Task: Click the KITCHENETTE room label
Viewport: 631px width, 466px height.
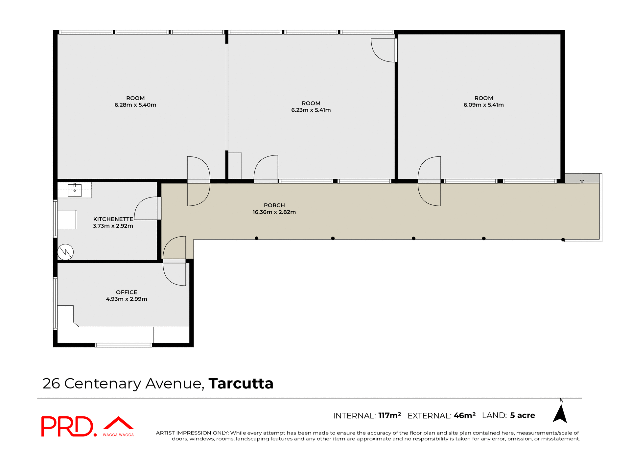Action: coord(113,219)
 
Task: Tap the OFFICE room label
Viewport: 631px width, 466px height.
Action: coord(127,292)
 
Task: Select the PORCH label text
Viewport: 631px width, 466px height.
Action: coord(274,205)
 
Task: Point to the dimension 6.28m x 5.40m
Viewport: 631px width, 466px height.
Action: coord(135,105)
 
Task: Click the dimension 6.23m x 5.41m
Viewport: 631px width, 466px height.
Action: coord(311,110)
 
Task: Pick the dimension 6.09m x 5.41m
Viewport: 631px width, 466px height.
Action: coord(483,105)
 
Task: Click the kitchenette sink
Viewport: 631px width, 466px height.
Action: coord(75,190)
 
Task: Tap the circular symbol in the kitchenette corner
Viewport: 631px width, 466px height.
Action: coord(65,252)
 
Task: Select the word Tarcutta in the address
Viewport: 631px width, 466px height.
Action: coord(241,384)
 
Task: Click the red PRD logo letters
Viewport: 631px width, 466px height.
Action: coord(67,426)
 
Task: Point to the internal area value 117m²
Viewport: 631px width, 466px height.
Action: coord(389,415)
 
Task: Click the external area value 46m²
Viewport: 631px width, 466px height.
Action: coord(464,415)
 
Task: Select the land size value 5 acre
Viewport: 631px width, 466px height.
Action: coord(523,415)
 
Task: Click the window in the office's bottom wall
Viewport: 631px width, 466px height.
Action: coord(123,345)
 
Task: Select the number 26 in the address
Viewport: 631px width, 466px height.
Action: coord(51,384)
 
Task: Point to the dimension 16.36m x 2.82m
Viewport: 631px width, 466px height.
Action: coord(274,212)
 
